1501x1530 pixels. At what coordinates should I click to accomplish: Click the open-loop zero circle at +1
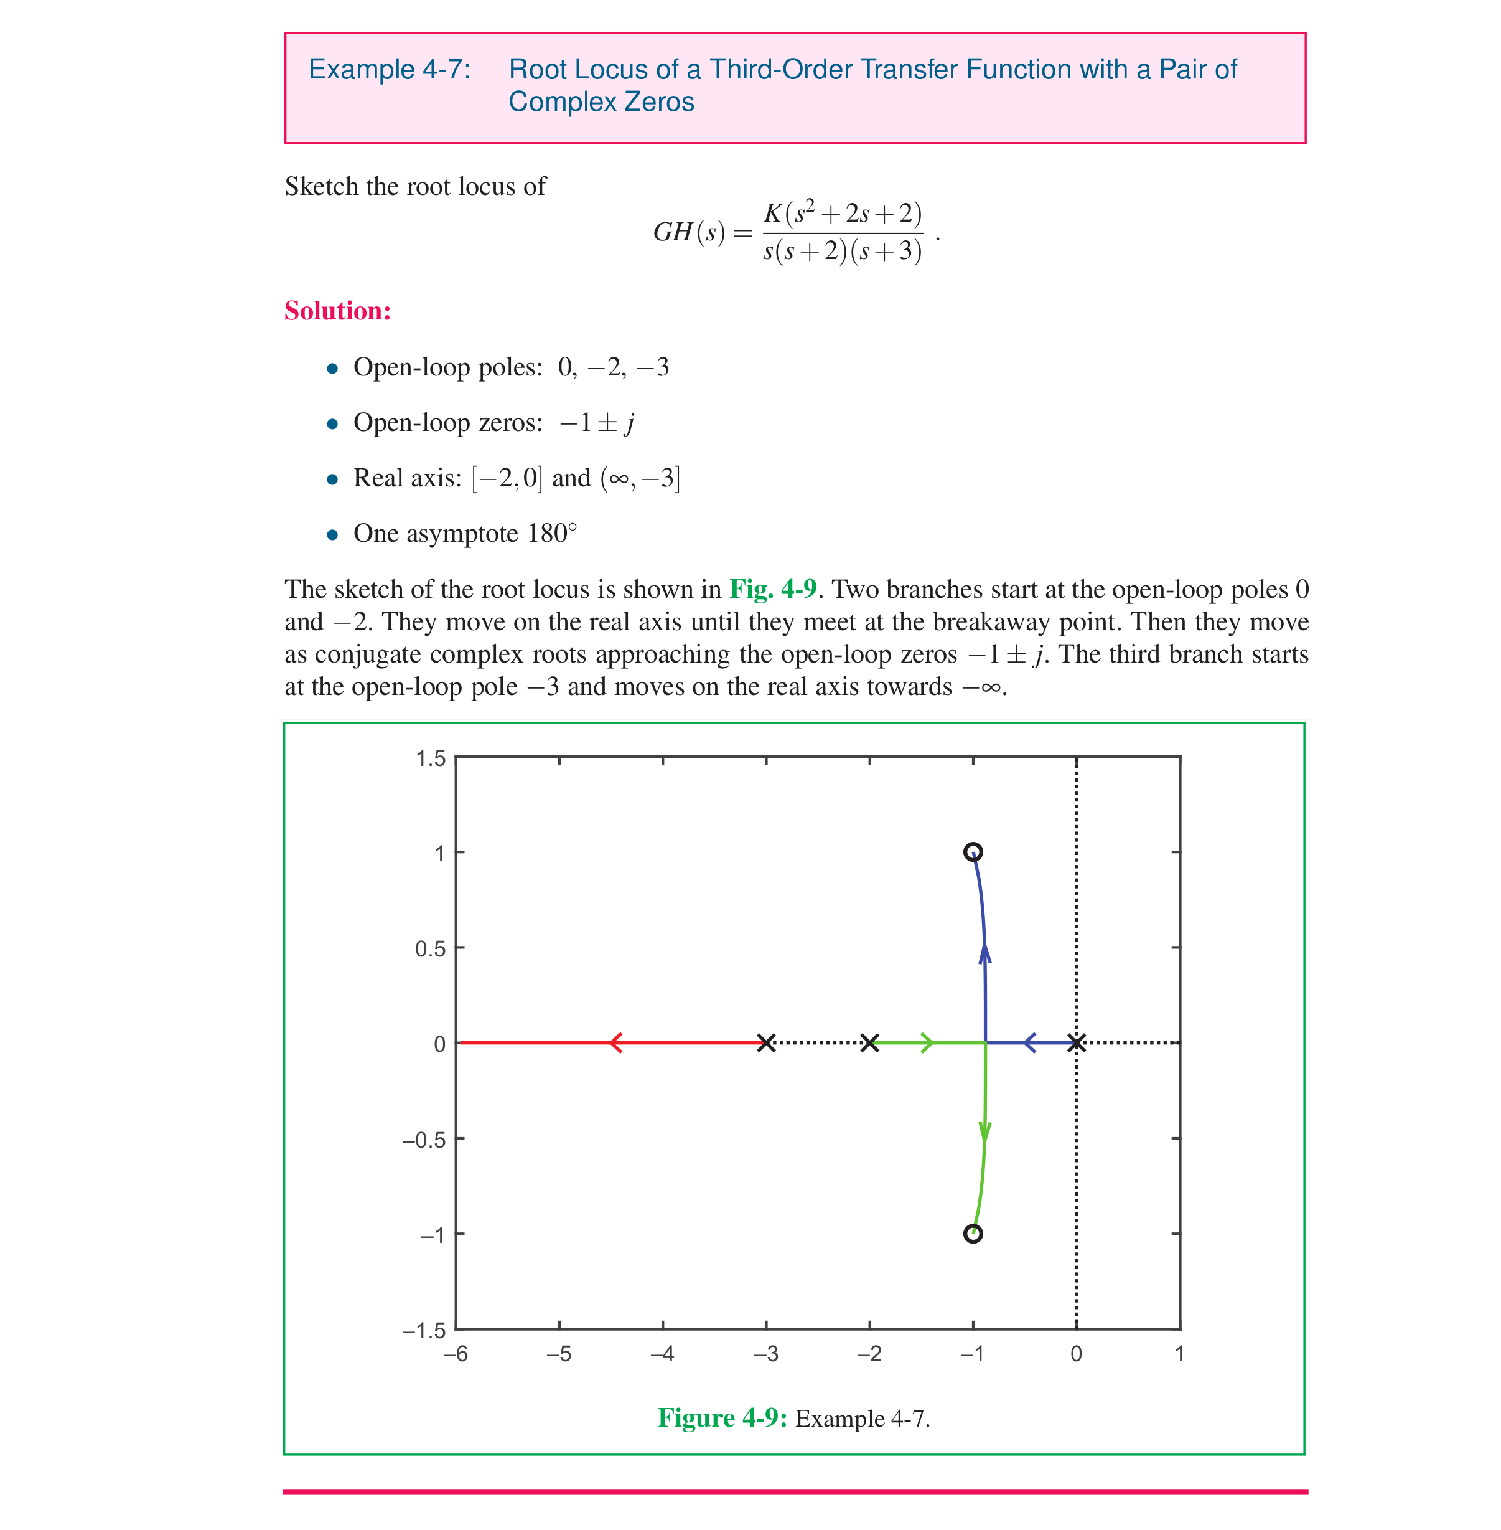pyautogui.click(x=973, y=852)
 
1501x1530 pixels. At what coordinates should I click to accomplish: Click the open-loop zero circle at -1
pyautogui.click(x=973, y=1234)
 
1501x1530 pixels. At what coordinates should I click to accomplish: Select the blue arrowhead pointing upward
pyautogui.click(x=984, y=953)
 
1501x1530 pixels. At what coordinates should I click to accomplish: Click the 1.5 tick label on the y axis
pyautogui.click(x=431, y=758)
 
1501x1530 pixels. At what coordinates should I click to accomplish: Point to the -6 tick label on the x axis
pyautogui.click(x=455, y=1353)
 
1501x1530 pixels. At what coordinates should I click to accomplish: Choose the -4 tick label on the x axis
pyautogui.click(x=662, y=1353)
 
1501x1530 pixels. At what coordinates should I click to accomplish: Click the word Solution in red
pyautogui.click(x=337, y=311)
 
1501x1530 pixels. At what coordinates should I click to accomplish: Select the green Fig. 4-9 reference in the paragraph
pyautogui.click(x=772, y=589)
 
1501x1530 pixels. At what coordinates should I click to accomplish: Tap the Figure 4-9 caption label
pyautogui.click(x=722, y=1417)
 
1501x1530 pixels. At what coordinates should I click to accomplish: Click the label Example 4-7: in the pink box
pyautogui.click(x=390, y=69)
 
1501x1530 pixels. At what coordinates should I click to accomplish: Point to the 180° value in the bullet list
pyautogui.click(x=552, y=533)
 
